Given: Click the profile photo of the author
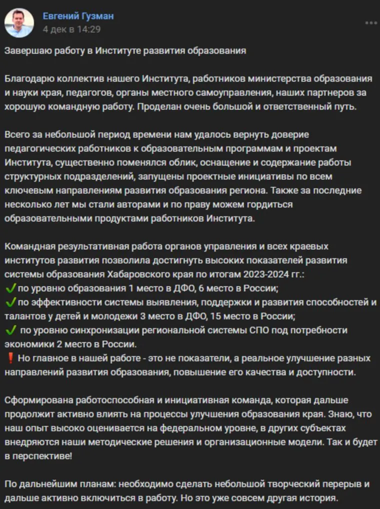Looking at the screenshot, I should tap(19, 23).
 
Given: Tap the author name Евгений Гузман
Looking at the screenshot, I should tap(78, 16).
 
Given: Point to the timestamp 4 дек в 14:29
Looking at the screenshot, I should tap(71, 29).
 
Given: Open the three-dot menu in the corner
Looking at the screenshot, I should tap(371, 23).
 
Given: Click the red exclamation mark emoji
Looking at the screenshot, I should tap(10, 358).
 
